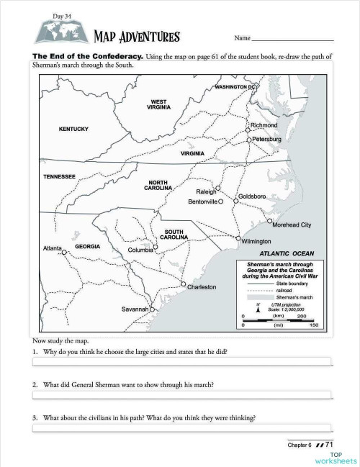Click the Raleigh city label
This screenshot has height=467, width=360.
tap(207, 192)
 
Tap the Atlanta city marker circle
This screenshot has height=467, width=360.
tap(64, 253)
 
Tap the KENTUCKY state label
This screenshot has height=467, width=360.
tap(73, 129)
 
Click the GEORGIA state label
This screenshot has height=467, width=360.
tap(87, 246)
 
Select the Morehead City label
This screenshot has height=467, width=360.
tap(292, 225)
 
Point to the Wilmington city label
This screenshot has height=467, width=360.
tap(256, 241)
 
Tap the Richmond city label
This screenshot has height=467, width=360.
tap(264, 125)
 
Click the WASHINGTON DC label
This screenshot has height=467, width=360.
tap(235, 87)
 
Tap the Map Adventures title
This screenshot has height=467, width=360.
tap(136, 37)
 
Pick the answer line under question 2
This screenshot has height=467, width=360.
tap(181, 394)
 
